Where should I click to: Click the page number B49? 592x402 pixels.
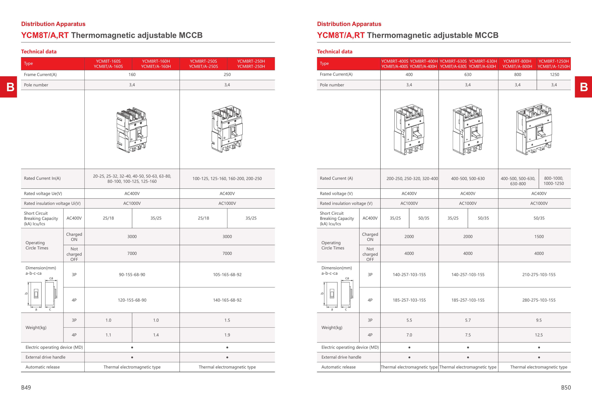click(x=26, y=387)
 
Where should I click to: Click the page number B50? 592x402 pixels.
click(x=566, y=387)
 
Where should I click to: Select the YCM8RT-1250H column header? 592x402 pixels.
click(x=553, y=64)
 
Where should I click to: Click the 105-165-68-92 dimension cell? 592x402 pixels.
click(x=227, y=274)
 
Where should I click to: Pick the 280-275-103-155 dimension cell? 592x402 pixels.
click(x=539, y=300)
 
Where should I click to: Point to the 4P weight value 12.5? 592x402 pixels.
click(x=539, y=335)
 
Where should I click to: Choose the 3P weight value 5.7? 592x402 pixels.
click(x=468, y=320)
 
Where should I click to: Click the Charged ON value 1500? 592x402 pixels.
click(x=539, y=237)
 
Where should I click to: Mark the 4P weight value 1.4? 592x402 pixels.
click(x=156, y=335)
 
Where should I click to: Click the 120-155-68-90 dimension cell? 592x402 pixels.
click(x=132, y=300)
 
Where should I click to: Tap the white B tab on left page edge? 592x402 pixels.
click(x=10, y=87)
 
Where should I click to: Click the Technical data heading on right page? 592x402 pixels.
click(x=334, y=52)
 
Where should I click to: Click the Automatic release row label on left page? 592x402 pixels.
click(x=43, y=367)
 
